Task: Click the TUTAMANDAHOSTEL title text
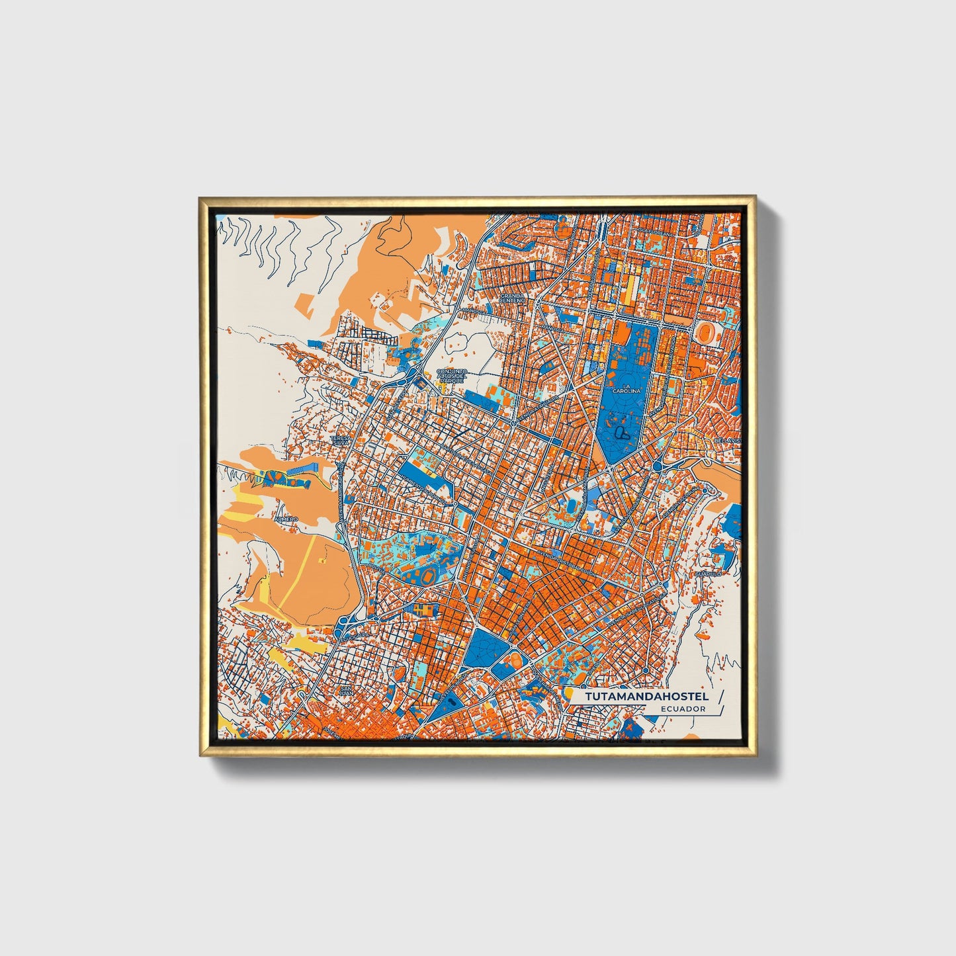pyautogui.click(x=646, y=696)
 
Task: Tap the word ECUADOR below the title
pyautogui.click(x=682, y=709)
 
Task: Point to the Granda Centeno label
pyautogui.click(x=512, y=298)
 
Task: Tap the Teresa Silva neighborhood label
pyautogui.click(x=340, y=441)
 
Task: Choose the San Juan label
pyautogui.click(x=345, y=691)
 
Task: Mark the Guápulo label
pyautogui.click(x=707, y=574)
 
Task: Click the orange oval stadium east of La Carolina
pyautogui.click(x=707, y=331)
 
